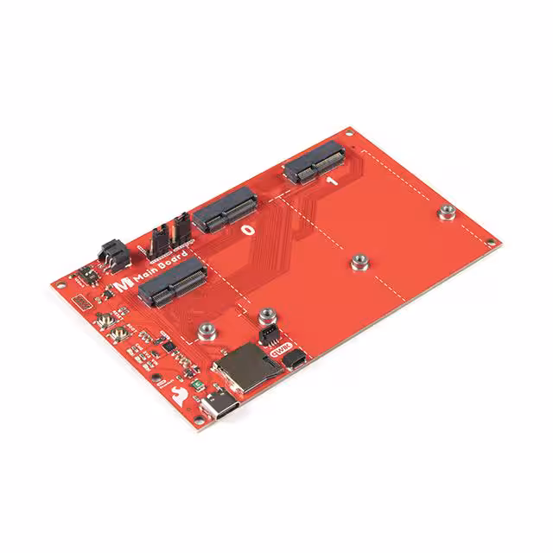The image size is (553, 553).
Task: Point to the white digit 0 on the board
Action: click(248, 231)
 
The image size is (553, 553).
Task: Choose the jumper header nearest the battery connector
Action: click(161, 240)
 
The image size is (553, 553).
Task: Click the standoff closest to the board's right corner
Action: click(447, 213)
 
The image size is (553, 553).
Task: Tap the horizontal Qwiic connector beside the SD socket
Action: click(293, 360)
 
